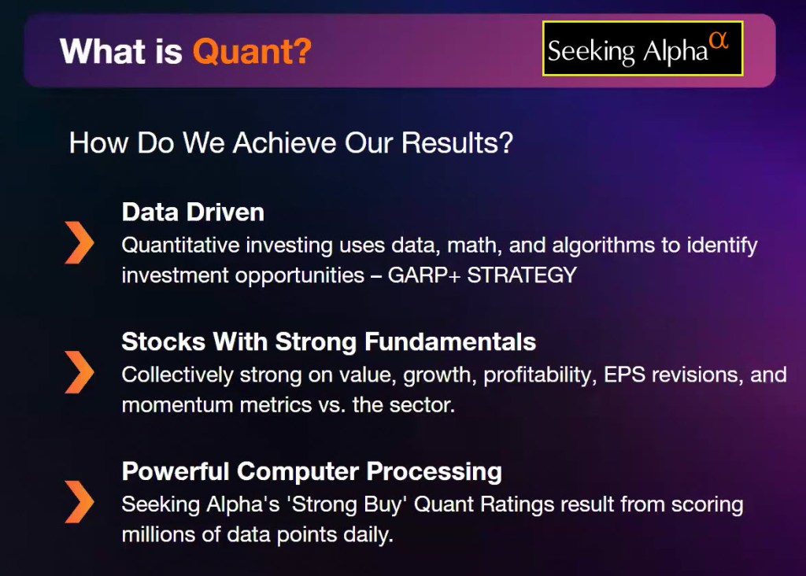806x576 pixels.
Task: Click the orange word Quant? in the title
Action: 252,51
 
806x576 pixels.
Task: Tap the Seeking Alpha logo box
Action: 642,49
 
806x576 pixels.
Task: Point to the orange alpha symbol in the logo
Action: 719,39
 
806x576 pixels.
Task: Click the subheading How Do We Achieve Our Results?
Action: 291,142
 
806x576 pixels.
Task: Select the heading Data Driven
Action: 193,212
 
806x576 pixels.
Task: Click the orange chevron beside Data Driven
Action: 79,242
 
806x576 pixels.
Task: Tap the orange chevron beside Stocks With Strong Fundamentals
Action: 79,372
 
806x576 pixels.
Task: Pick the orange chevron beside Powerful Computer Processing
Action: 79,501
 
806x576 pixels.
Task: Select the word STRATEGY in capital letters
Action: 522,275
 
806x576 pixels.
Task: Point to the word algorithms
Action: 604,246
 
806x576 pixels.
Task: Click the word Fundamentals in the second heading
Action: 450,342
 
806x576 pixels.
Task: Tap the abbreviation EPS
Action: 624,375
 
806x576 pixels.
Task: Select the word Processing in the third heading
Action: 434,471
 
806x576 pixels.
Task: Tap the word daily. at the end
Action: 368,535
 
